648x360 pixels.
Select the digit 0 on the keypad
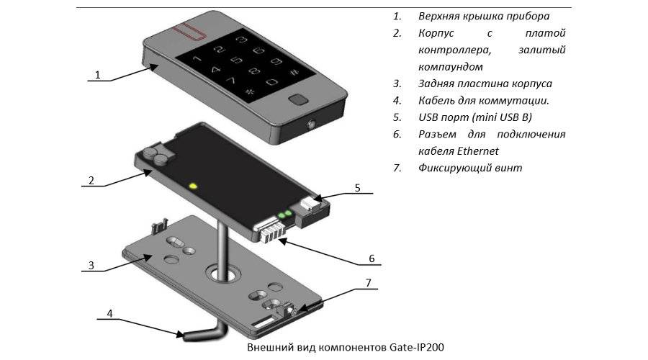click(272, 83)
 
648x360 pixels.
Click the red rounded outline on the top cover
click(195, 31)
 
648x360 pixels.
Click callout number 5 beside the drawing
click(357, 189)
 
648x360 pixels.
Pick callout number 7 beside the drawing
click(369, 283)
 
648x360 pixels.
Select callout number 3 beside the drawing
click(91, 265)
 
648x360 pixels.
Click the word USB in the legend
click(429, 117)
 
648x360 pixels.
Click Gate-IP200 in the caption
click(418, 347)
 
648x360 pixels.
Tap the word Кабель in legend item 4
click(437, 101)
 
